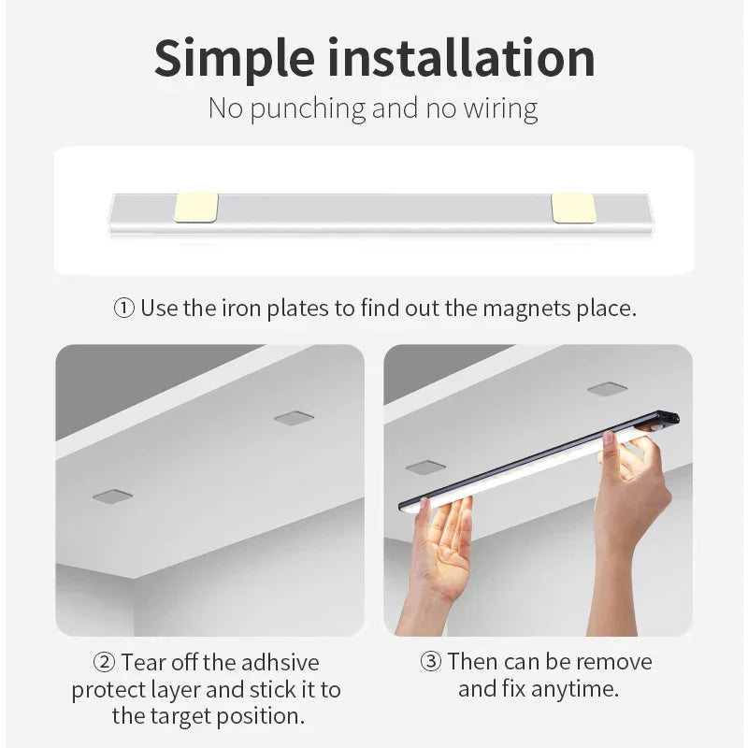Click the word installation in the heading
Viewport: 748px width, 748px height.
[465, 58]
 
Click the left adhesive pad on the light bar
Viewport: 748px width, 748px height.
[196, 208]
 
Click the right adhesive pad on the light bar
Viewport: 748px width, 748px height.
[573, 208]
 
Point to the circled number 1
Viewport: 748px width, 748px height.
[124, 309]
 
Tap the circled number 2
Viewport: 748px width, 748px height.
[105, 663]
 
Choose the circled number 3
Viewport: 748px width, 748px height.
[431, 662]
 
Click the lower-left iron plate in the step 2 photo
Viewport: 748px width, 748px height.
[112, 496]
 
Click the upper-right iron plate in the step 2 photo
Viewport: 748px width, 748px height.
[294, 417]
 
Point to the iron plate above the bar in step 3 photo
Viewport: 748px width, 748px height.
[607, 388]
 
